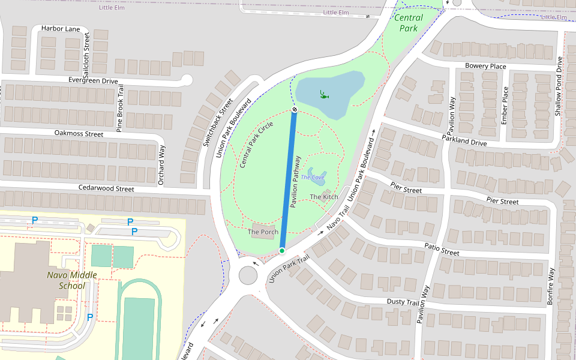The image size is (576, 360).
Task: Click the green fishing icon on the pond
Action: [324, 94]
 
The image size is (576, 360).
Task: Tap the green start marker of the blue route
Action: [281, 250]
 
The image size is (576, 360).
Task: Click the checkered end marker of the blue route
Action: [295, 110]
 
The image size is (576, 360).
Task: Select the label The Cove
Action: [313, 178]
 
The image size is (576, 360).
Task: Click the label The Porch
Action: [263, 232]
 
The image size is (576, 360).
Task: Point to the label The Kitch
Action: [323, 197]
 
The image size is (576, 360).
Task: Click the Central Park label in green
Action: [409, 23]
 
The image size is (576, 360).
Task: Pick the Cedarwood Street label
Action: [106, 188]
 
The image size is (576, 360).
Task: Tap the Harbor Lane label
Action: [60, 28]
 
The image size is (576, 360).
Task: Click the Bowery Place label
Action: [485, 66]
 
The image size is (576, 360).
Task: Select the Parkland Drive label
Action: [464, 140]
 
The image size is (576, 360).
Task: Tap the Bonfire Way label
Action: [550, 287]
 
